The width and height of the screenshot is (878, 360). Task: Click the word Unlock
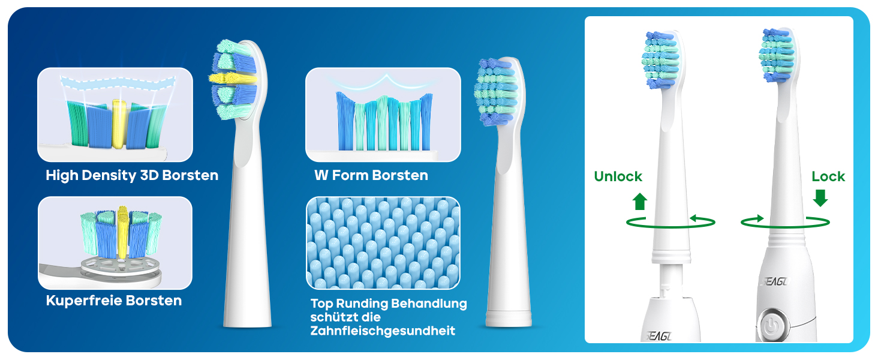coord(618,176)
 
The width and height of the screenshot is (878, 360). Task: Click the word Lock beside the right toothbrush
coord(828,176)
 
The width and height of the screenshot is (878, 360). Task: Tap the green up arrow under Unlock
coord(640,201)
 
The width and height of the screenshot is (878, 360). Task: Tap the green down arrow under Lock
coord(820,198)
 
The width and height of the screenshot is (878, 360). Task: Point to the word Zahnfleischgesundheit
coord(383,331)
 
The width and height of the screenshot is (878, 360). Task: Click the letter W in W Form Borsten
coord(321,175)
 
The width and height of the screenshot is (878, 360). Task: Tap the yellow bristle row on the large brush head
coord(233,78)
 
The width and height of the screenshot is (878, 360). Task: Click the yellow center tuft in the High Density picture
coord(119,124)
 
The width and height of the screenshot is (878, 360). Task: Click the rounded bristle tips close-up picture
coord(383,243)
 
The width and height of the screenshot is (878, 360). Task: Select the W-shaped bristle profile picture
coord(383,115)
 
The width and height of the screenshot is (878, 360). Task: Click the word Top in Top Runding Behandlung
coord(321,304)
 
